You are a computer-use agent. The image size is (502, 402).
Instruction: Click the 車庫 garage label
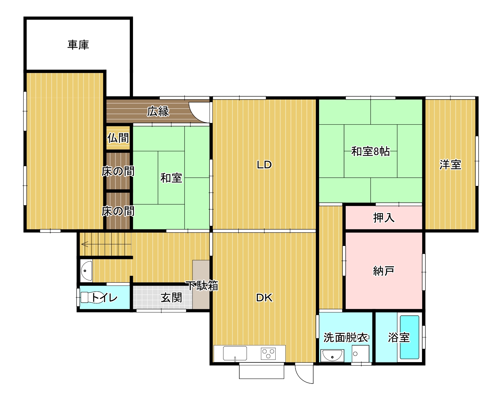point(78,45)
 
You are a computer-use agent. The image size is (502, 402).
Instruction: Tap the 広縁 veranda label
point(158,111)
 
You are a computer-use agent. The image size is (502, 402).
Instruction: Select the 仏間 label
point(118,138)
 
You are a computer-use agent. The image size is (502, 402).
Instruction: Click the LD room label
point(264,165)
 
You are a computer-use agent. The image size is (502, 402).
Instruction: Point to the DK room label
point(264,298)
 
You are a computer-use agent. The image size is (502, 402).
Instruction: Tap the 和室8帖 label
point(370,151)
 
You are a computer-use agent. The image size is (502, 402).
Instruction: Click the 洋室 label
point(450,165)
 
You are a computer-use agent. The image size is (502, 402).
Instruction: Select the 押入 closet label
point(384,218)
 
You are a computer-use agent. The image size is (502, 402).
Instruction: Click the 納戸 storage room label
point(384,271)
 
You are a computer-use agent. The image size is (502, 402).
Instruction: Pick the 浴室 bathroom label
point(399,337)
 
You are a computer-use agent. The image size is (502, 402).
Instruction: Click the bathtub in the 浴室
point(410,337)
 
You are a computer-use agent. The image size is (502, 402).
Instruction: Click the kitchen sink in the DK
point(235,353)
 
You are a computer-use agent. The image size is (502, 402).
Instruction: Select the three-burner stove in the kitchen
point(268,353)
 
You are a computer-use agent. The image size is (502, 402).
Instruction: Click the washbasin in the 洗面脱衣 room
point(332,355)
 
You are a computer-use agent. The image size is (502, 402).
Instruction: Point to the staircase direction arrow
point(106,244)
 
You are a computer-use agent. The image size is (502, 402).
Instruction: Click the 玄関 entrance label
point(171,298)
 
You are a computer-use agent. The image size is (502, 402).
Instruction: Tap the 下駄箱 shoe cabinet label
point(202,285)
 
